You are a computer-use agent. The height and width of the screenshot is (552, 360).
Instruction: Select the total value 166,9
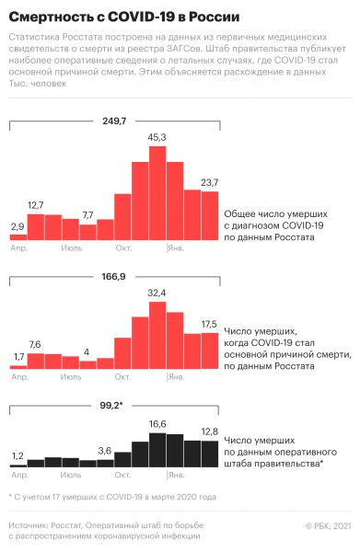point(114,276)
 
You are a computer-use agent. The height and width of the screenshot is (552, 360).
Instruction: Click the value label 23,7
point(209,182)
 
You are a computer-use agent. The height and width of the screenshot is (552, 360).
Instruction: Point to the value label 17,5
point(209,325)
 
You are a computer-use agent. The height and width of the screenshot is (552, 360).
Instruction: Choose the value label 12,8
point(209,432)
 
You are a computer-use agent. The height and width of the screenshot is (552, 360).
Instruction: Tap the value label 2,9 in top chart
point(17,225)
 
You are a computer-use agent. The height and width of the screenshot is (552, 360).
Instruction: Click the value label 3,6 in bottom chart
point(105,450)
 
